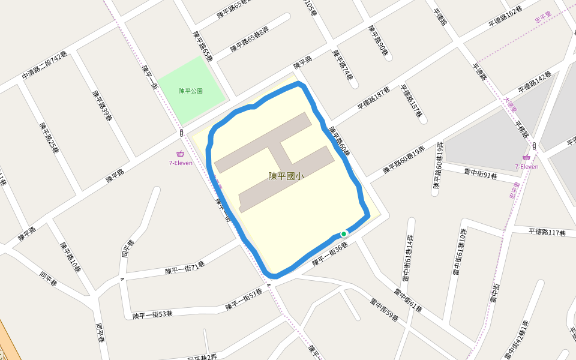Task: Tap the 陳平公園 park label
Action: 191,91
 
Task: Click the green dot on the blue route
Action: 344,234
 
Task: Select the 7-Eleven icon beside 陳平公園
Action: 180,154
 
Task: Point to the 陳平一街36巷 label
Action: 330,254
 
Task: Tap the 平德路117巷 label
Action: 548,232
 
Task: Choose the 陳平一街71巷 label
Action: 185,268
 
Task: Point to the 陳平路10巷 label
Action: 70,257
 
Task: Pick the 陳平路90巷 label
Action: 378,41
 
